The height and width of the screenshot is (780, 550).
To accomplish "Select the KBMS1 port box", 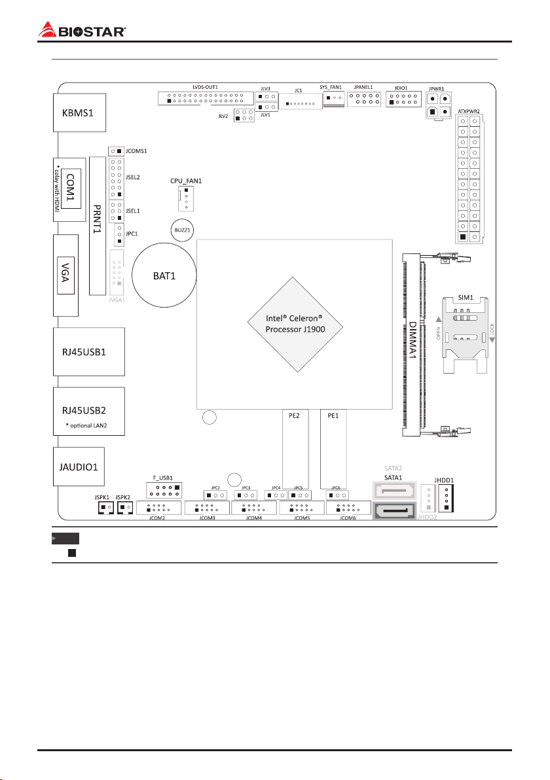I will pyautogui.click(x=74, y=112).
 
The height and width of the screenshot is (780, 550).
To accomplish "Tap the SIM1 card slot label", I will pyautogui.click(x=467, y=296).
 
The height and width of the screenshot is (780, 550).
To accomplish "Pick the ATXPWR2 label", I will pyautogui.click(x=469, y=111).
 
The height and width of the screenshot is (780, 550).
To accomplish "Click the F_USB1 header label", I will pyautogui.click(x=162, y=478).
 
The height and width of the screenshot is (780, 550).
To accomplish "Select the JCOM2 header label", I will pyautogui.click(x=158, y=518).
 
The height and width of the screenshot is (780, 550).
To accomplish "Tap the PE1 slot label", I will pyautogui.click(x=332, y=415).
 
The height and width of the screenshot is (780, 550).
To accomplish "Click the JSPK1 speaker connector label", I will pyautogui.click(x=103, y=498).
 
